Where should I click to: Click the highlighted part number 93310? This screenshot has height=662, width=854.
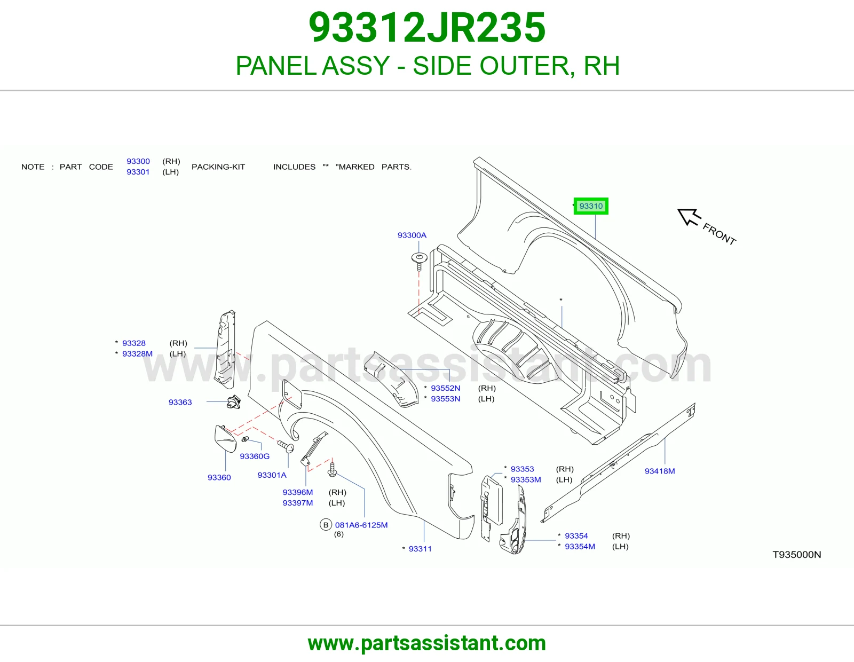591,206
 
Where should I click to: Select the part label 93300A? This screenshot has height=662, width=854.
412,235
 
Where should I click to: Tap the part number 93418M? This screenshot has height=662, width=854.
660,471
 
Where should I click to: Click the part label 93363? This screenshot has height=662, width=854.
180,402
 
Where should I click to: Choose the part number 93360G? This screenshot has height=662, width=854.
255,456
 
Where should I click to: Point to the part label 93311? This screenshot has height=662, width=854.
420,549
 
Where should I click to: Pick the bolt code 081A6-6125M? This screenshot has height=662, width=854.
361,525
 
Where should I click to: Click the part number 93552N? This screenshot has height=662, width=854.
445,388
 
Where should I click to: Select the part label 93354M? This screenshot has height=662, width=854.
580,547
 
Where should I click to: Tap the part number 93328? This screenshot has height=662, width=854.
133,343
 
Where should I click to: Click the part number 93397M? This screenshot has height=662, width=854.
297,503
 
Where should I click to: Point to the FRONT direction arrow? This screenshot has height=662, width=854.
689,217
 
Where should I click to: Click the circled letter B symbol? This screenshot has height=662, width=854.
326,525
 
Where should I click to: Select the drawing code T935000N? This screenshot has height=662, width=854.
796,555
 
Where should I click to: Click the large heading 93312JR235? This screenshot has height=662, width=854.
427,28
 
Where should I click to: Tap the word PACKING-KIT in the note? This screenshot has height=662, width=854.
218,167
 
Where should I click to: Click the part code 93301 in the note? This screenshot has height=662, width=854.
138,172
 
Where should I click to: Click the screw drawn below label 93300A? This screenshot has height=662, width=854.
419,262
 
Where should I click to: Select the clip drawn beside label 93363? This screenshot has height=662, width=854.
234,402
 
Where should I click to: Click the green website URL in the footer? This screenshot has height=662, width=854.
427,643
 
